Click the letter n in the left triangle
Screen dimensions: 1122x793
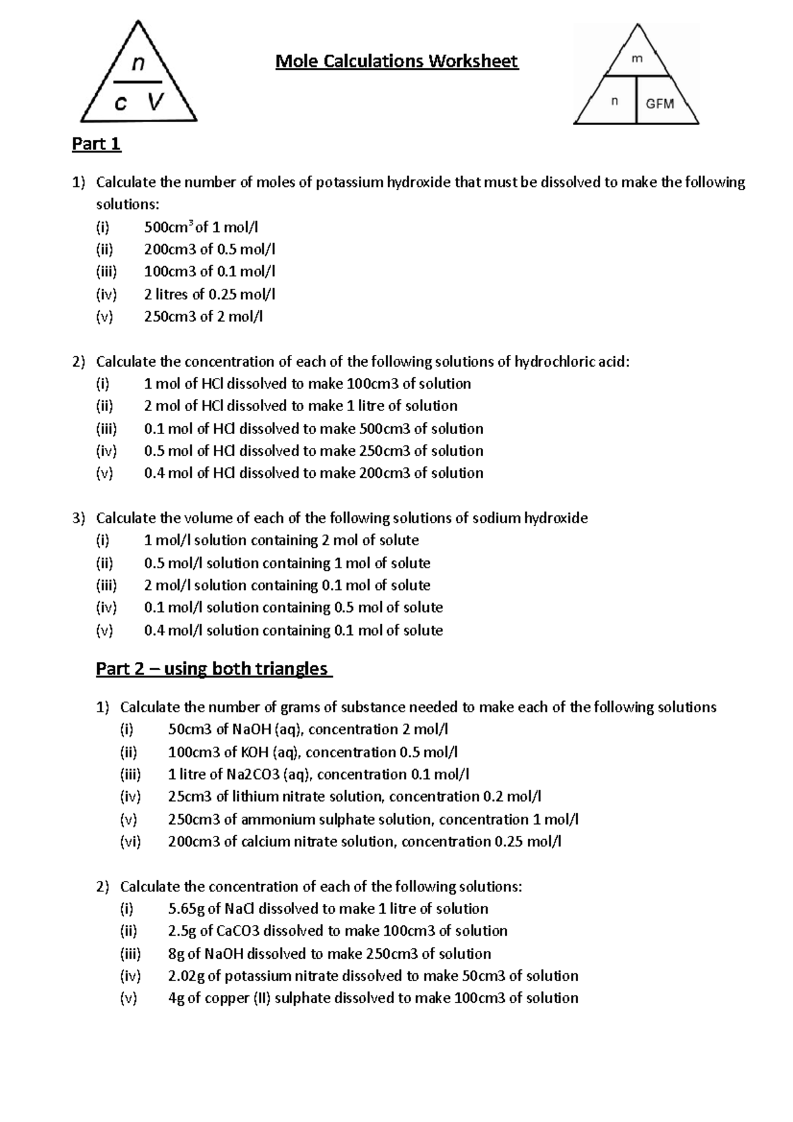tap(139, 63)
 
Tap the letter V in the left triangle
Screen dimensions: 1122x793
tap(155, 102)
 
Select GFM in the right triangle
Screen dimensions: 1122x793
tap(660, 104)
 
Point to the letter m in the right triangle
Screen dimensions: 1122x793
tap(637, 59)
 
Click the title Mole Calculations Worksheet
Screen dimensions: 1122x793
tap(397, 61)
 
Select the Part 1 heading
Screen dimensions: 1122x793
tap(96, 144)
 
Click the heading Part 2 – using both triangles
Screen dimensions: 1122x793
tap(214, 669)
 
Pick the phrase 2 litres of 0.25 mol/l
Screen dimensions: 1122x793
tap(209, 294)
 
